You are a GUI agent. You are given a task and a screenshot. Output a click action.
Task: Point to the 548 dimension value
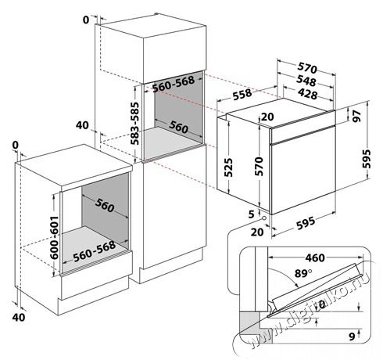(x=304, y=80)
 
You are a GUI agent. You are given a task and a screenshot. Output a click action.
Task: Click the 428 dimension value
(x=304, y=93)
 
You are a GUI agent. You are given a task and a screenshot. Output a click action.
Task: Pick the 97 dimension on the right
(x=356, y=117)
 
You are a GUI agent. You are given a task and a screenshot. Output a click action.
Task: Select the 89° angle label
(x=282, y=273)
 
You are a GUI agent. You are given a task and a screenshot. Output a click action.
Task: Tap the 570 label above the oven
(x=304, y=67)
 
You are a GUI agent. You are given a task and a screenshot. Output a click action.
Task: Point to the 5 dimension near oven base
(x=252, y=212)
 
